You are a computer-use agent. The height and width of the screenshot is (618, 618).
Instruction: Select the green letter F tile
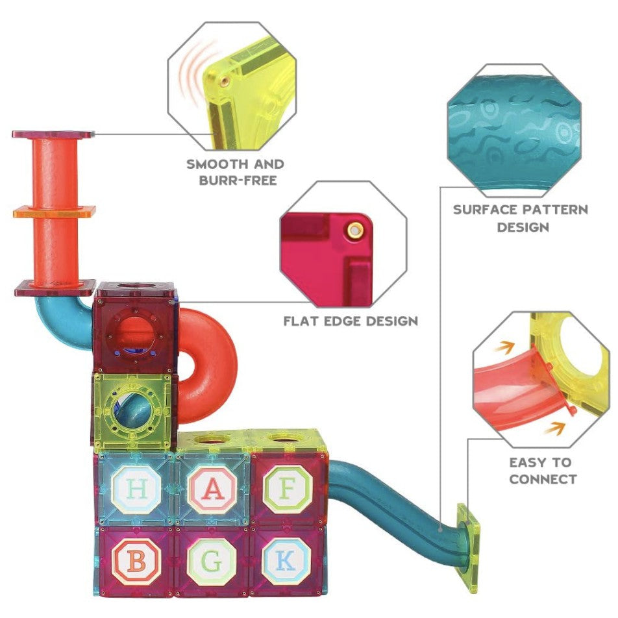coord(286,489)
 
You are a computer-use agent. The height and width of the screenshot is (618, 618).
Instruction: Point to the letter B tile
coord(136,562)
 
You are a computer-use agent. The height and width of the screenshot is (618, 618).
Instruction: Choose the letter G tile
coord(212,562)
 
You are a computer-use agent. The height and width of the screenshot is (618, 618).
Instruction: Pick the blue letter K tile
coord(286,562)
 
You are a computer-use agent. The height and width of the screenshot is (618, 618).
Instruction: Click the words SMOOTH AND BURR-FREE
coord(236,172)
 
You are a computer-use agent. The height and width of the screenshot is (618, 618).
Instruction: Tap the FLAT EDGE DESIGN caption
coord(351,321)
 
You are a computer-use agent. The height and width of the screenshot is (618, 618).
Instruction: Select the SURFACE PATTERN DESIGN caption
coord(521,218)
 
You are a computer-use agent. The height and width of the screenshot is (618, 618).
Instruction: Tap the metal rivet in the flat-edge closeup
coord(355,230)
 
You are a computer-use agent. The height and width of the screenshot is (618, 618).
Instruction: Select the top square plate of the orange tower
coord(53,134)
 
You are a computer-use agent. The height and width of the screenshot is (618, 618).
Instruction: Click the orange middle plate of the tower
coord(55,212)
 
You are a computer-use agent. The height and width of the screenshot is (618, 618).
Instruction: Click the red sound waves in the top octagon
coord(193,78)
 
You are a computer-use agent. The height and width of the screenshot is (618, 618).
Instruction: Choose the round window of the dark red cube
coord(136,332)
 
